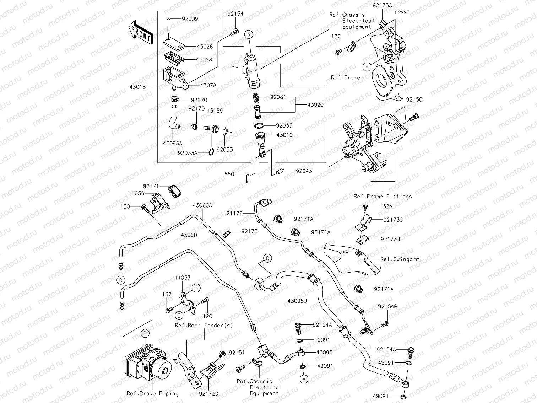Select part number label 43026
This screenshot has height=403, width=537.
(204, 47)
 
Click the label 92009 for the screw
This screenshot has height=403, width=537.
(190, 19)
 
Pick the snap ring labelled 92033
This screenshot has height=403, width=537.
(260, 125)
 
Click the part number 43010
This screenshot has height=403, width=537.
(284, 135)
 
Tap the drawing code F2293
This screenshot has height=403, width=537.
(401, 12)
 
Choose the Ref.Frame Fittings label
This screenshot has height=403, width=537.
(383, 196)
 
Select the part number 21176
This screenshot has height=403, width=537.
(235, 213)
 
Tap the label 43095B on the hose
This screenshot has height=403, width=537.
(297, 301)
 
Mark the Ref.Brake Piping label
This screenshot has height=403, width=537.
(152, 393)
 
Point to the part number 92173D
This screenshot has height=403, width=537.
(209, 393)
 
